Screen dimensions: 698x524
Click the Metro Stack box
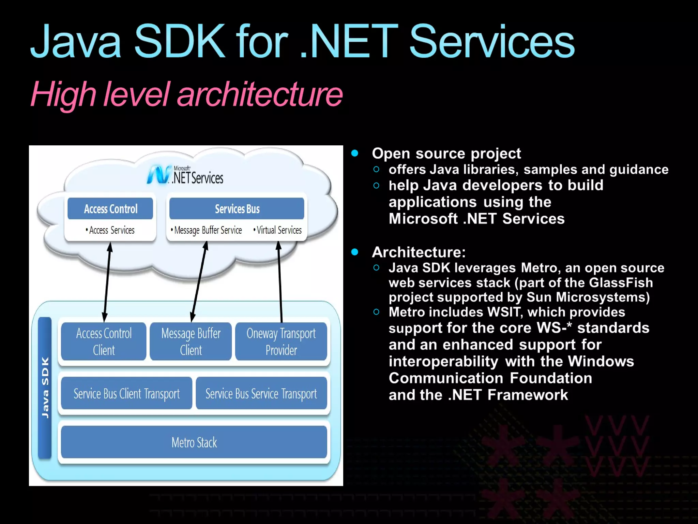(x=194, y=442)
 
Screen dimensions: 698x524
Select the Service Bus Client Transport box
(x=126, y=393)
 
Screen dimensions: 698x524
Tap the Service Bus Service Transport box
(x=261, y=393)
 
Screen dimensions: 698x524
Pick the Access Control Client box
(x=104, y=341)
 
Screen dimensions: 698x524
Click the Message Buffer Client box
(x=191, y=341)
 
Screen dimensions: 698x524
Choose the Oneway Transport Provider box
(x=281, y=341)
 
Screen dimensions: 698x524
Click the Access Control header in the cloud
(x=110, y=209)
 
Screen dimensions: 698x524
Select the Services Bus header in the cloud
(x=237, y=209)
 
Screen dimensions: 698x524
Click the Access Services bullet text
(x=111, y=230)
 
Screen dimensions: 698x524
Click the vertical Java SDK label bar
(x=45, y=388)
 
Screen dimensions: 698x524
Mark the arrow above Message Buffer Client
(x=199, y=281)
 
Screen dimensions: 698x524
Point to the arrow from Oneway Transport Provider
(x=280, y=281)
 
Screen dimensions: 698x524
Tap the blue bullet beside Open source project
(x=355, y=153)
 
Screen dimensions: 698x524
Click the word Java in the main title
(x=76, y=42)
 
